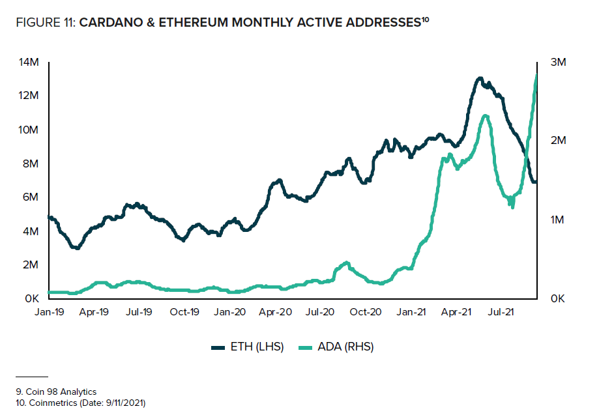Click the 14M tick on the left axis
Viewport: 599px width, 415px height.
(30, 63)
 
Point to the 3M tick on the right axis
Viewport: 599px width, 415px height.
(558, 63)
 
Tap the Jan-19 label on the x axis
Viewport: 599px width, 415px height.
(48, 312)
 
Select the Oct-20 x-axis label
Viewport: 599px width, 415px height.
(366, 312)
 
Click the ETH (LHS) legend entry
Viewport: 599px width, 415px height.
(248, 347)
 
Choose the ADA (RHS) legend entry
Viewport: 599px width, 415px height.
(337, 347)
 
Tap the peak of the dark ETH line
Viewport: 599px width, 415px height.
(480, 79)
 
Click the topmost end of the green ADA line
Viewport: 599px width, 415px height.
(536, 74)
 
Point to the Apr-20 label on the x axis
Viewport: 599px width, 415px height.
(275, 312)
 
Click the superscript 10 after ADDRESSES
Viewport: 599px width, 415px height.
(424, 20)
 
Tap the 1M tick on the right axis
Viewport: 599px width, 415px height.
(558, 220)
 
